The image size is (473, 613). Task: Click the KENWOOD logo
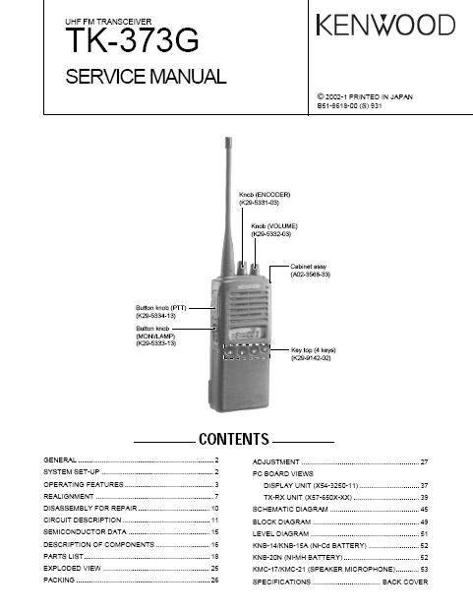[x=385, y=25]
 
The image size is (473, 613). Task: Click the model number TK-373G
[x=132, y=40]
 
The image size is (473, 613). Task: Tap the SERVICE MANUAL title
[x=146, y=76]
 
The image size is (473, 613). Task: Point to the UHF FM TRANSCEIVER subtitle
[x=108, y=22]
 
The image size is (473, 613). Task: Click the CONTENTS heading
[x=234, y=439]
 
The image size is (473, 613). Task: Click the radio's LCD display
[x=245, y=334]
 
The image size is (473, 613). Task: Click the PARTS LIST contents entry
[x=63, y=556]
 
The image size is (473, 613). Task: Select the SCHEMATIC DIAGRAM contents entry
[x=290, y=510]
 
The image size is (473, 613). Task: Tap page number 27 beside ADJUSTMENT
[x=424, y=462]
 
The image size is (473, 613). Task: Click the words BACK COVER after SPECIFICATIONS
[x=405, y=582]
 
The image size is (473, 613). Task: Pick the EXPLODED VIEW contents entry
[x=72, y=568]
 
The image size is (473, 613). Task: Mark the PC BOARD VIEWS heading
[x=283, y=474]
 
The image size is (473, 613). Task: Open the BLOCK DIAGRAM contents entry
[x=281, y=521]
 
